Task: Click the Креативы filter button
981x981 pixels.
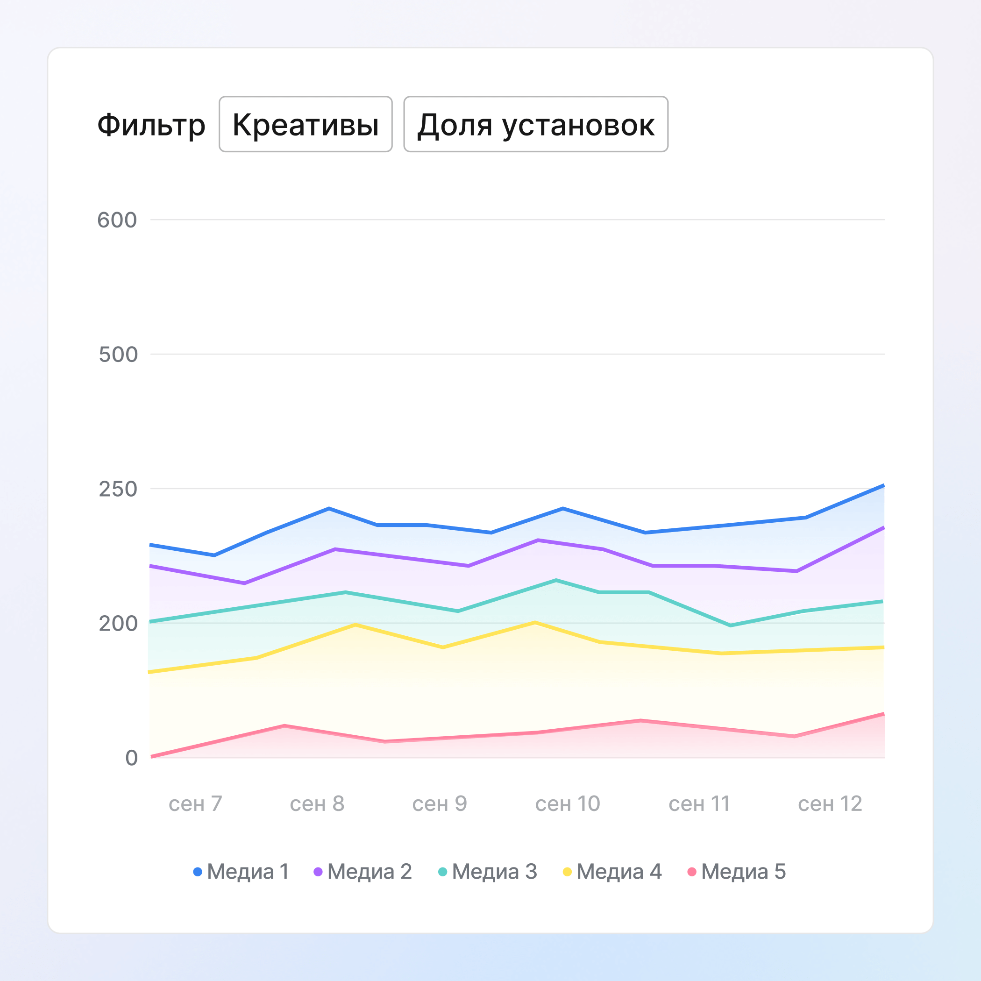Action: tap(305, 124)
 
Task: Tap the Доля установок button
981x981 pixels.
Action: tap(536, 124)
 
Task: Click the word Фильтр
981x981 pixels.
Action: tap(151, 125)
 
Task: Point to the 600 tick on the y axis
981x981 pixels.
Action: tap(117, 220)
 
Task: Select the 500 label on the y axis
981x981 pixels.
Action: tap(118, 355)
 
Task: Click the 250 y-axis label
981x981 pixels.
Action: tap(118, 489)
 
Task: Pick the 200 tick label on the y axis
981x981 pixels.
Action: tap(118, 624)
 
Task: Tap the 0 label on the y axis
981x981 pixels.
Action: tap(132, 758)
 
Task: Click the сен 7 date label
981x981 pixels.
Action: tap(195, 804)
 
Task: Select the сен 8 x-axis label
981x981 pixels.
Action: tap(317, 804)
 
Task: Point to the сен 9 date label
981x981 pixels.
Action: tap(439, 804)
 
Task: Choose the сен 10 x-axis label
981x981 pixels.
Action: tap(568, 804)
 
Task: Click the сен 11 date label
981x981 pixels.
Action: tap(699, 804)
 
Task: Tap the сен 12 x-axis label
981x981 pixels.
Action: tap(830, 804)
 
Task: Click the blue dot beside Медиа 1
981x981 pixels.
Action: tap(198, 872)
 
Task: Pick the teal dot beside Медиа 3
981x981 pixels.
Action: tap(443, 872)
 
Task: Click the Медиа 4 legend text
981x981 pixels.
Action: tap(619, 872)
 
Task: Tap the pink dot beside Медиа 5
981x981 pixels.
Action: tap(691, 872)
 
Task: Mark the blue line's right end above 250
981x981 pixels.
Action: tap(883, 486)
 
